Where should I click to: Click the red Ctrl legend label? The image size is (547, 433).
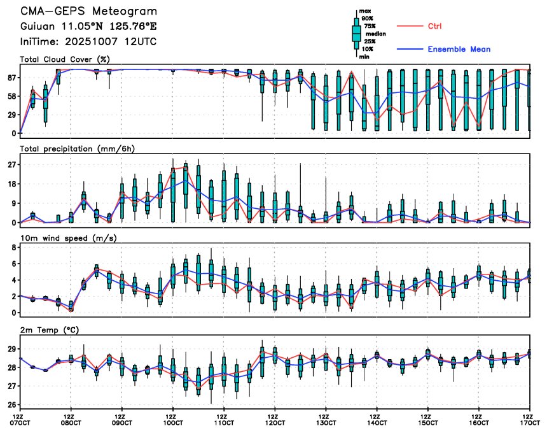(x=434, y=26)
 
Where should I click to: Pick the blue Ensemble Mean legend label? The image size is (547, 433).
(x=458, y=49)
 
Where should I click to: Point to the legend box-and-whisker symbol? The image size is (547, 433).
(x=356, y=32)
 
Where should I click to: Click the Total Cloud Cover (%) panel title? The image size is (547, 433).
(x=65, y=59)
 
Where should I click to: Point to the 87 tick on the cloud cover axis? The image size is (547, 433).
(x=11, y=78)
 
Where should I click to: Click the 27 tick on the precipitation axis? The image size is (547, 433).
(x=11, y=164)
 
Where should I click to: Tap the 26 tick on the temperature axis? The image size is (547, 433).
(x=11, y=404)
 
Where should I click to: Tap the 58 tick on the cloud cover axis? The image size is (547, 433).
(x=11, y=96)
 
